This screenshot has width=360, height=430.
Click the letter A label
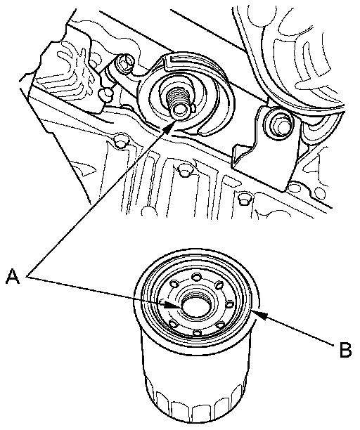click(x=13, y=276)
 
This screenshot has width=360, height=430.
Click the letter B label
click(x=345, y=349)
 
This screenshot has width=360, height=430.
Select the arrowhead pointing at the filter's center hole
click(x=174, y=306)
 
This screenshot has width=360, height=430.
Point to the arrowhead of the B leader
click(x=260, y=314)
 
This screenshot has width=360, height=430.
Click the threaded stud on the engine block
click(x=178, y=102)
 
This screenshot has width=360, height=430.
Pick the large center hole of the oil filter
click(x=197, y=305)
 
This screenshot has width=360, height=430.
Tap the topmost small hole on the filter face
click(x=196, y=278)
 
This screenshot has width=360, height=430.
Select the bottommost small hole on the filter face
click(x=197, y=333)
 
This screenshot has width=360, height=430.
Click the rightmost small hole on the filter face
click(x=230, y=304)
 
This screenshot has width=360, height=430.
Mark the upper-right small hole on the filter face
click(x=219, y=285)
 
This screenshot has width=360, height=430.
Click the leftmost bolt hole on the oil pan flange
click(x=121, y=141)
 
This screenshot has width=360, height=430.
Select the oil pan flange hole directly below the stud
click(x=184, y=171)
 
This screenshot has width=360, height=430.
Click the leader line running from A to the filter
click(x=100, y=291)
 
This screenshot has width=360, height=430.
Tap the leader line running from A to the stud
click(x=98, y=202)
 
